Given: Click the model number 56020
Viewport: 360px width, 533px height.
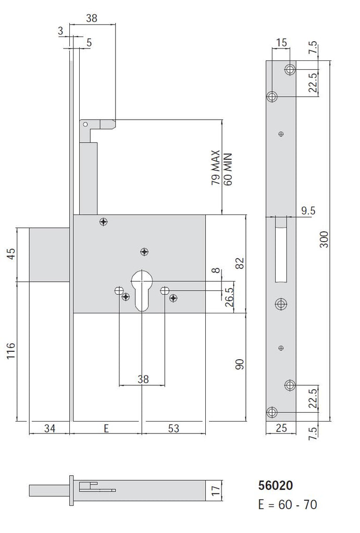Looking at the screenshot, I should click(276, 486).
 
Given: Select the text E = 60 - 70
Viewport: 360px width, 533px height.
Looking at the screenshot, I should click(288, 505).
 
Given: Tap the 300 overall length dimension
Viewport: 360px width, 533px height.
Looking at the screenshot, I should click(324, 239).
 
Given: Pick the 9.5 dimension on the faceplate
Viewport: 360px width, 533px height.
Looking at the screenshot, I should click(309, 210).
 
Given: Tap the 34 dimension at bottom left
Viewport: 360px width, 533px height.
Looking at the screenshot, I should click(49, 429).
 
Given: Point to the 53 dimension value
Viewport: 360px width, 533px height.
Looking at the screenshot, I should click(173, 429).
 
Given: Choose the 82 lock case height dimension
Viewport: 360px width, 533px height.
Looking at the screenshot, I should click(240, 263).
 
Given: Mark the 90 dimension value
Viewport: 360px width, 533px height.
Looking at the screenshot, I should click(240, 365).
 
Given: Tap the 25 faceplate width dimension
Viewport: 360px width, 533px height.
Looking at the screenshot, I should click(281, 429).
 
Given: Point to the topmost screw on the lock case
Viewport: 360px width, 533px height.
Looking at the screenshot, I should click(104, 222).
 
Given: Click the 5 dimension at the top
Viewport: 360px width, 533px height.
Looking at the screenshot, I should click(89, 43).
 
